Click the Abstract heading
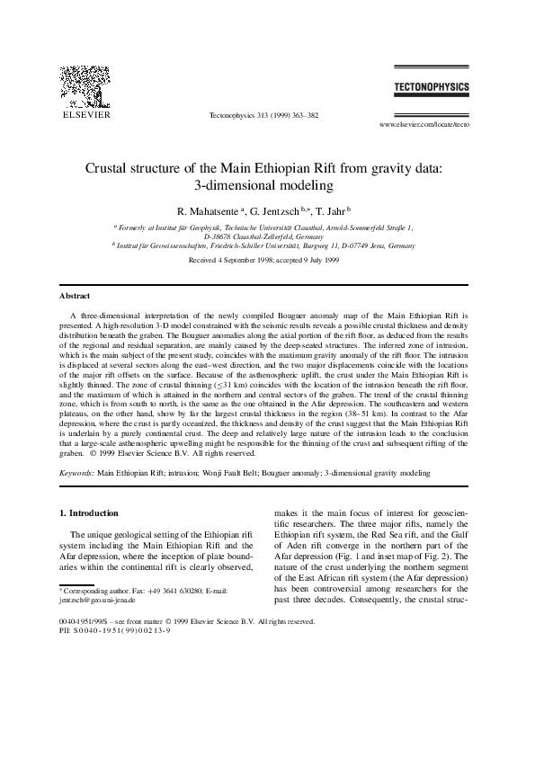(75, 296)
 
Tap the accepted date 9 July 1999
(319, 259)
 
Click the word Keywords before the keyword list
(76, 471)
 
